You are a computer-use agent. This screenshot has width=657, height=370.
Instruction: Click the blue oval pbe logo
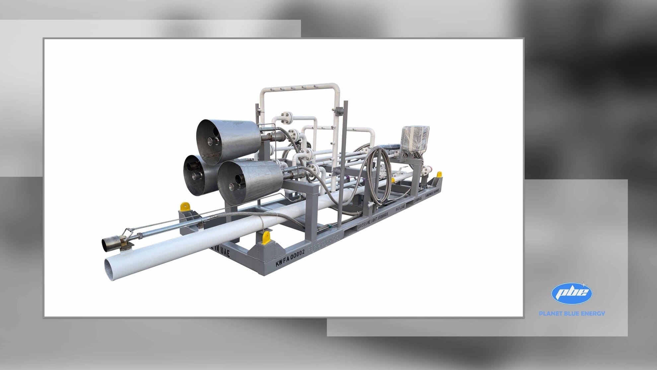[571, 293]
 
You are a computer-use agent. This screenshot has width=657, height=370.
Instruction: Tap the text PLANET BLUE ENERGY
[572, 313]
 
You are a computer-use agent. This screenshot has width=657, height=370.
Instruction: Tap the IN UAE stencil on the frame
[220, 251]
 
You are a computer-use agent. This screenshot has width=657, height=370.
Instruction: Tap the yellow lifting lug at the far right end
[439, 174]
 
